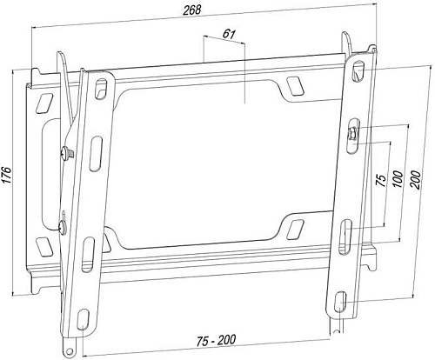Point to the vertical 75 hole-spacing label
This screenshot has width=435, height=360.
[x=379, y=183]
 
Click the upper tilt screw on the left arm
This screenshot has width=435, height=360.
[x=66, y=155]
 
